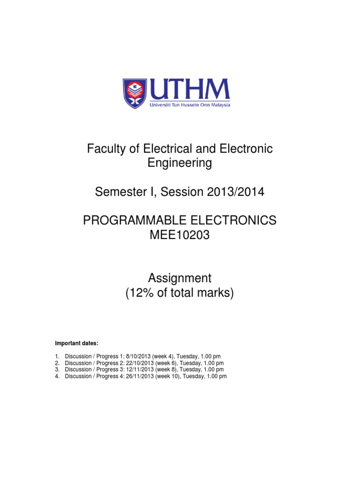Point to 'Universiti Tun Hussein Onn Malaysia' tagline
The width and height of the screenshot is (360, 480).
(189, 105)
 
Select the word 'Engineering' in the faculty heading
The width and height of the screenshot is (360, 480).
(180, 163)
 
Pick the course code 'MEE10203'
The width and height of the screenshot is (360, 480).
(180, 235)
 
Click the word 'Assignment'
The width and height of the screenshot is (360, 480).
(180, 278)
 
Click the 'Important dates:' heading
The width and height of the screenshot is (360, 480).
(77, 344)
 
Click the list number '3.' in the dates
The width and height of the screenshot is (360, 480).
(57, 370)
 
